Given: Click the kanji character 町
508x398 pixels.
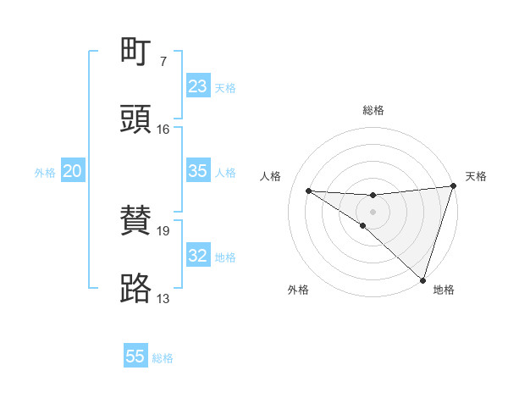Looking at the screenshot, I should pos(136,53).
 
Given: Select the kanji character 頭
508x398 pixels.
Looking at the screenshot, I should pos(136,119).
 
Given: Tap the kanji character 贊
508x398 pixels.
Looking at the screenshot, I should pos(136,221).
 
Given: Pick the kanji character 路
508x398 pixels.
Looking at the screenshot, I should pos(136,288).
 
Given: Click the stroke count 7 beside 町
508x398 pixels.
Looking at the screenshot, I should pos(163,62).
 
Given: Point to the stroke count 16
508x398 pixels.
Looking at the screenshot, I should pos(163,130).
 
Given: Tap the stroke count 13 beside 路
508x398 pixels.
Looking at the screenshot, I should pos(163,298).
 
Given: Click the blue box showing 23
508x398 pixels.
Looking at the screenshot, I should pos(197,86).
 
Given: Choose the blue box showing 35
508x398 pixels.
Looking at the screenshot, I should pos(197,171).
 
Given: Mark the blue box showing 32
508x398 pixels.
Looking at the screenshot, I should pos(197,256).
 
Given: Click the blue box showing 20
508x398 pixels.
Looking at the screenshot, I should pos(72,171).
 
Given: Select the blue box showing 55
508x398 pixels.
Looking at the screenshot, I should pos(135,357).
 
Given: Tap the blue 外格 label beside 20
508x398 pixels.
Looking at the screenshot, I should pos(45,173).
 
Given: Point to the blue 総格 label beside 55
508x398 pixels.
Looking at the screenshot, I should pos(163,358).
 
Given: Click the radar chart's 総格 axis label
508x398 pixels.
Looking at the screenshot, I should pos(373,110).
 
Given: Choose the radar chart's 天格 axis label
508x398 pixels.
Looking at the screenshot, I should pos(476,176).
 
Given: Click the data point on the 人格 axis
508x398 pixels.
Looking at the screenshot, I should pos(309,191).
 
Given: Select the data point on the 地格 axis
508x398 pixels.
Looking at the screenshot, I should pos(423,279).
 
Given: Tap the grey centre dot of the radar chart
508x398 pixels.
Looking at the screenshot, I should pos(373,210).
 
